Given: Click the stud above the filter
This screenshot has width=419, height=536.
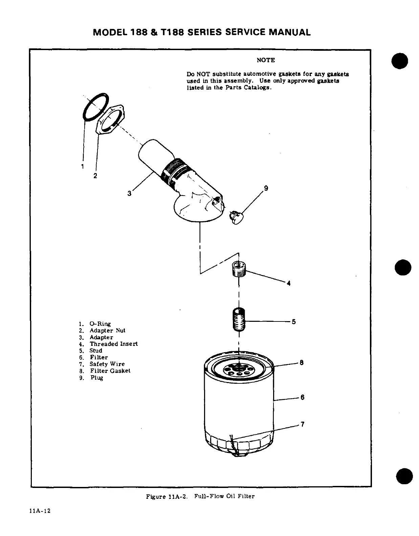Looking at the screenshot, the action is (x=239, y=320).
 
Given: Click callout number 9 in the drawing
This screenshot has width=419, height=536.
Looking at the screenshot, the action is (x=266, y=188).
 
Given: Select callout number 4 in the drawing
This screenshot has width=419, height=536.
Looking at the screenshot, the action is (x=288, y=284).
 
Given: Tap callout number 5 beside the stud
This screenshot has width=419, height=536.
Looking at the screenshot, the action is (x=294, y=322).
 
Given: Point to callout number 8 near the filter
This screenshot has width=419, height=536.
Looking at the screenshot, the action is (x=302, y=363).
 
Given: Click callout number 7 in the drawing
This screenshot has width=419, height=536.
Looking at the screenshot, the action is (x=302, y=424).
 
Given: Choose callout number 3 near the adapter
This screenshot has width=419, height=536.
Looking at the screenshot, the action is (x=129, y=194).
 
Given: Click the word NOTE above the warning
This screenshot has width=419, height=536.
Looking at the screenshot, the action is (x=266, y=60).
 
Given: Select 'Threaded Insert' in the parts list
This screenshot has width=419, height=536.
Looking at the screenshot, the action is (x=114, y=344).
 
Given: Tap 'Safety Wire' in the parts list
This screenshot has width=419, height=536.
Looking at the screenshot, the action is (x=107, y=364).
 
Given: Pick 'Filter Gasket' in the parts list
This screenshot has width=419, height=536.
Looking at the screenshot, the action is (x=110, y=371).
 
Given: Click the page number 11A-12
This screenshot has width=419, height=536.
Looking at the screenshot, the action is (x=40, y=511).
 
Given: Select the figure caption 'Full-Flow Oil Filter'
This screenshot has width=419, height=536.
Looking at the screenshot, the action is (x=224, y=496).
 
